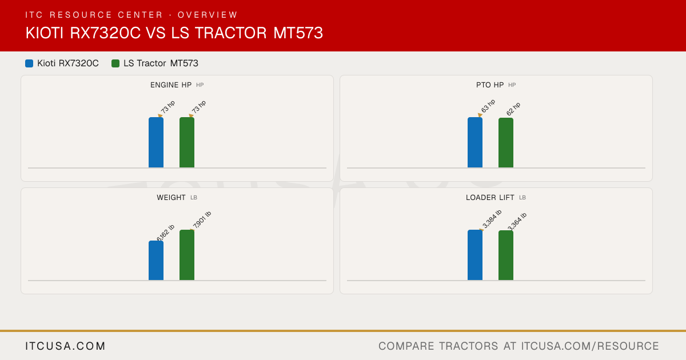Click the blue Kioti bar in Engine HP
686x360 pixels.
tap(156, 142)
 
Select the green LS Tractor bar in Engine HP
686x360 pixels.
tap(187, 142)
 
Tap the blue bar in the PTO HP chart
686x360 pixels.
tap(475, 142)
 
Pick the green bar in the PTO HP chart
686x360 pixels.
tap(506, 143)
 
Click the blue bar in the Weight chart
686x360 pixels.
tap(156, 261)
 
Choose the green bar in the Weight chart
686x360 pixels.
tap(187, 255)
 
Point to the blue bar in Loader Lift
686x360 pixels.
tap(475, 255)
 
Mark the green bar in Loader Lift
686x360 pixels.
tap(506, 255)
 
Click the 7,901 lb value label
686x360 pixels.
tap(202, 219)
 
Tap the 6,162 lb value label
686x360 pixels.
tap(165, 233)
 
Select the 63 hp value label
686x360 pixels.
tap(488, 106)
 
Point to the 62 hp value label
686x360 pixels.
tap(513, 109)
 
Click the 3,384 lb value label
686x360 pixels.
tap(492, 218)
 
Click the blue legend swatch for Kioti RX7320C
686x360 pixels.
tap(29, 63)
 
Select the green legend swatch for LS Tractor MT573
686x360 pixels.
tap(115, 63)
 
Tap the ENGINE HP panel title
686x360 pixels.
tap(171, 85)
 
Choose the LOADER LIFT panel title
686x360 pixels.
tap(490, 198)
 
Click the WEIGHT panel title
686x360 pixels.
tap(171, 198)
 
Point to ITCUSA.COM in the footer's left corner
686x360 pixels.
tap(65, 346)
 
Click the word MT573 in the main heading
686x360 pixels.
tap(298, 33)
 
